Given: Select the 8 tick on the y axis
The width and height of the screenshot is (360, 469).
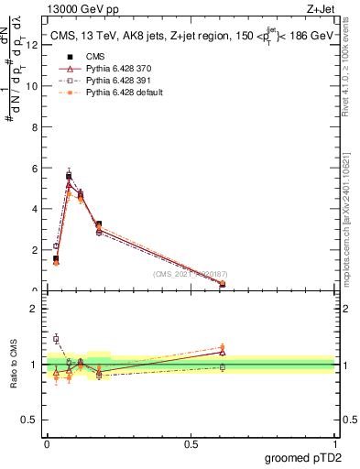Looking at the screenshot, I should (34, 127).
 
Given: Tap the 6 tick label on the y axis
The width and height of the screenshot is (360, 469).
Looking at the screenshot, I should (34, 169).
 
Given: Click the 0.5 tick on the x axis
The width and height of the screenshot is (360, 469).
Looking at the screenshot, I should (191, 443).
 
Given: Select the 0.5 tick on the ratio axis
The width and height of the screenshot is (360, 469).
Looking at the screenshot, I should (33, 420).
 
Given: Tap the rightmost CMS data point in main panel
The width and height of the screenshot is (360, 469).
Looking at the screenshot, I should (223, 284).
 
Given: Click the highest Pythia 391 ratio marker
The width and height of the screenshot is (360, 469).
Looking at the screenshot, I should (56, 339).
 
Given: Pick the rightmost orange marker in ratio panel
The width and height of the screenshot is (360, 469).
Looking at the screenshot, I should (223, 347).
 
